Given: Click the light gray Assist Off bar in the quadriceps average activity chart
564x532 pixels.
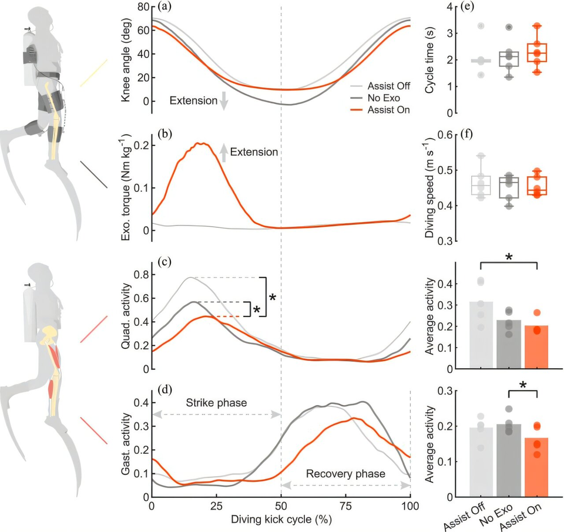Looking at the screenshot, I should coord(481,335).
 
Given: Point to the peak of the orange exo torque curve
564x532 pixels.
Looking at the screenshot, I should coord(202,143).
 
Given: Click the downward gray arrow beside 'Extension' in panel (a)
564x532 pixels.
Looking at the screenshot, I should coord(223,101).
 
